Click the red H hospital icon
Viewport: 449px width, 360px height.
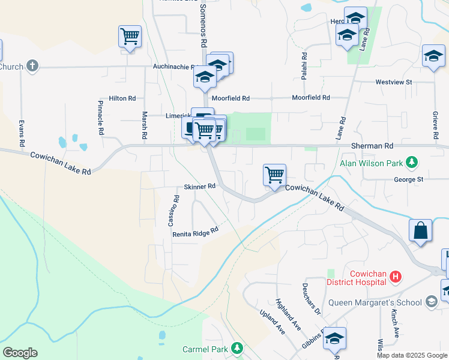pos(396,277)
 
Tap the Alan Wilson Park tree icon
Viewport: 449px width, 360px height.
pos(412,162)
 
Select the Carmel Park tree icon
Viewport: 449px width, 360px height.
pos(238,349)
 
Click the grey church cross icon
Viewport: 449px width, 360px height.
pos(32,66)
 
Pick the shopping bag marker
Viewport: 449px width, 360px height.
pos(420,231)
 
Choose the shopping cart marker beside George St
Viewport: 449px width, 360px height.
pos(274,175)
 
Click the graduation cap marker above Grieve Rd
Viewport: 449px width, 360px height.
pos(433,56)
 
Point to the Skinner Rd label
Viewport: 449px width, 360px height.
pos(199,187)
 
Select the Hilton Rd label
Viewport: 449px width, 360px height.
pos(122,98)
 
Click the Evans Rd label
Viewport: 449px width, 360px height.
pos(22,133)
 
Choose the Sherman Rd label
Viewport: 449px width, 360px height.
pos(372,146)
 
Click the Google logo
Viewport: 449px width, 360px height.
pos(20,353)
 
